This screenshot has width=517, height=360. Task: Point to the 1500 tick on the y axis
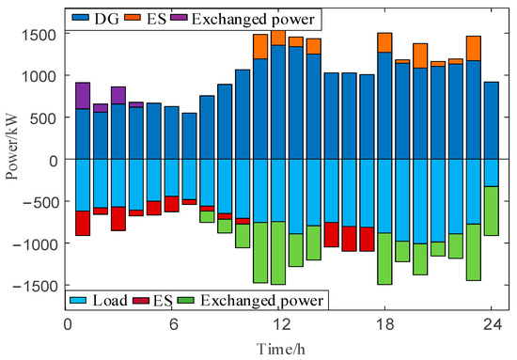pos(44,34)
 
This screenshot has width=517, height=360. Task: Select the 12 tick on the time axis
pos(279,324)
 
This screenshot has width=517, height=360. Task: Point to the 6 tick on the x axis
pos(173,324)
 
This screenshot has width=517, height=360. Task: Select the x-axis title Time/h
pos(279,348)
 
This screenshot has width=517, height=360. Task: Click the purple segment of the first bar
pos(83,96)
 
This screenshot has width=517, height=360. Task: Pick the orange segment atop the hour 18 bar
pos(384,42)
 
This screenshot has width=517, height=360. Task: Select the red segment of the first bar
pos(83,223)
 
